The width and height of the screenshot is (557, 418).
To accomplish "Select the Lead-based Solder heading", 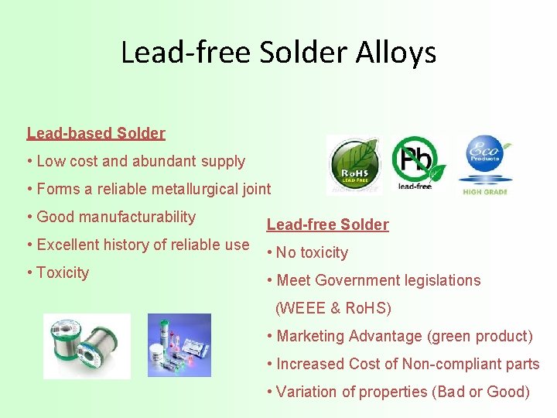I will [x=96, y=133].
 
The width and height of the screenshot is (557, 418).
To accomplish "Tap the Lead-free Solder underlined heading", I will [x=327, y=224].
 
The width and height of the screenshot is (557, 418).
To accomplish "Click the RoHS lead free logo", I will [x=353, y=165].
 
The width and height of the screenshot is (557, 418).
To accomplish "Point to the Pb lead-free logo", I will [x=419, y=163].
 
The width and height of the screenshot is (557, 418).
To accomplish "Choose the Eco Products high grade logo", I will [x=485, y=165].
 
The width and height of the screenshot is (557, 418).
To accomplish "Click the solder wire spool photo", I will [x=87, y=346].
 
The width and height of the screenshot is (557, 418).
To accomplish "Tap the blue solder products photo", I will [x=179, y=344].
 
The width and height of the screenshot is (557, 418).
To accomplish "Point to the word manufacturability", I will [x=136, y=217].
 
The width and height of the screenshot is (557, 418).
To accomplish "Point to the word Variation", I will [x=306, y=392].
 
